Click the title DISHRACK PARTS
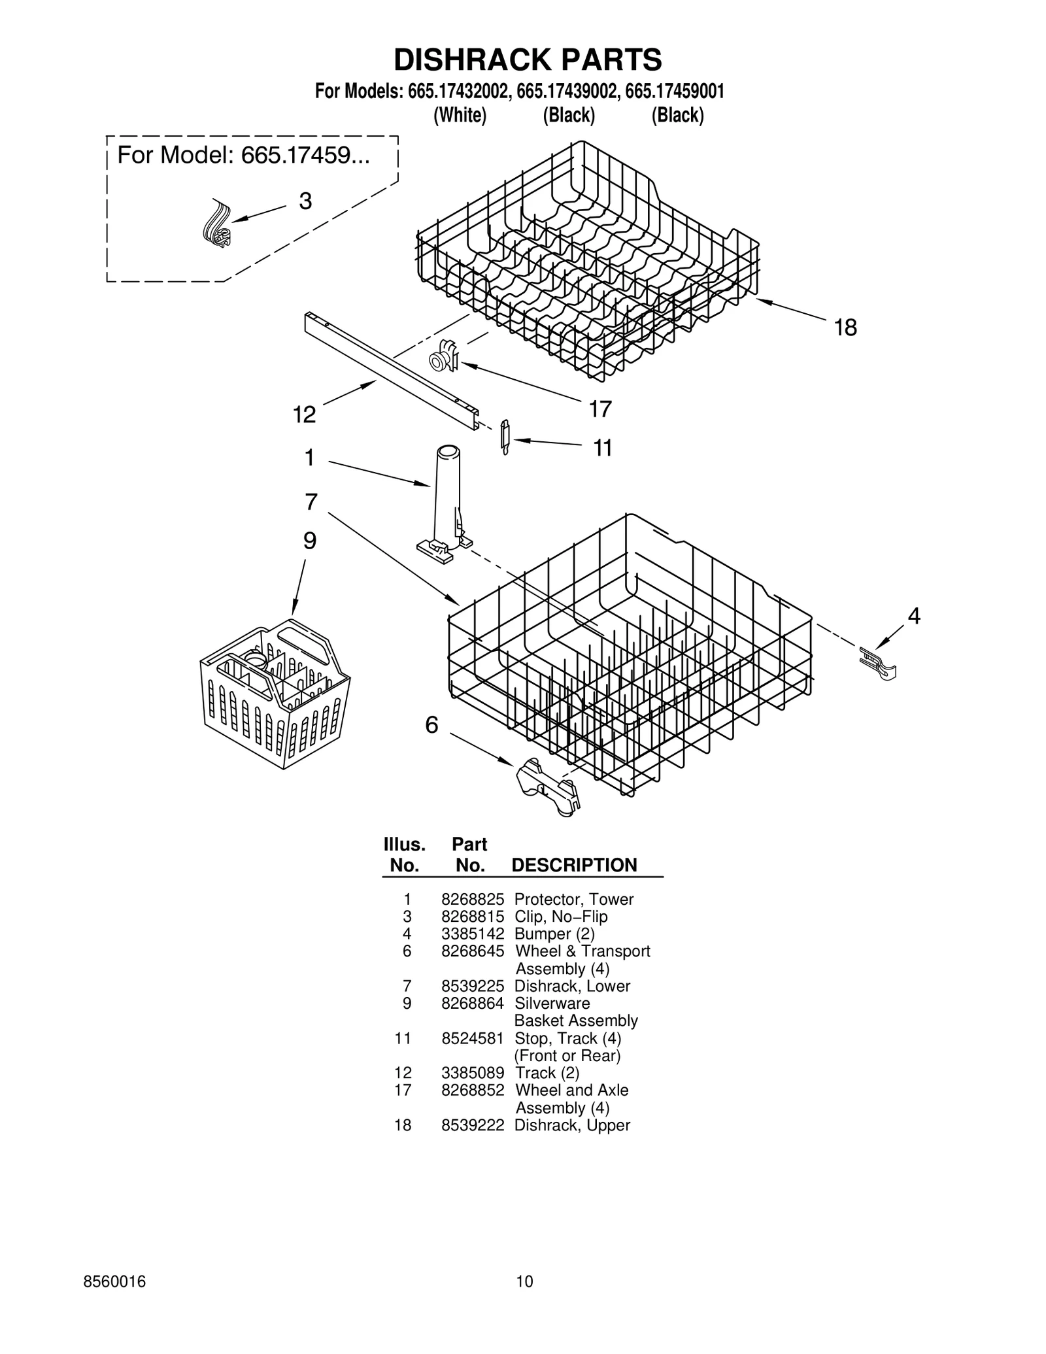[527, 59]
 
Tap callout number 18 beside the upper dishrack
[845, 328]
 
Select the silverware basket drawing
[275, 696]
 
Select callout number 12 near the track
[304, 415]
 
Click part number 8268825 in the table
[472, 900]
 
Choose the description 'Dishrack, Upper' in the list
[572, 1125]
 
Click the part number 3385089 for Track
[472, 1073]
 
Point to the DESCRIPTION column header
[573, 865]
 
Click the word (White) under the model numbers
[460, 115]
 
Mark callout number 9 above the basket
[310, 541]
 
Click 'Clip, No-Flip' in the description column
[561, 917]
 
